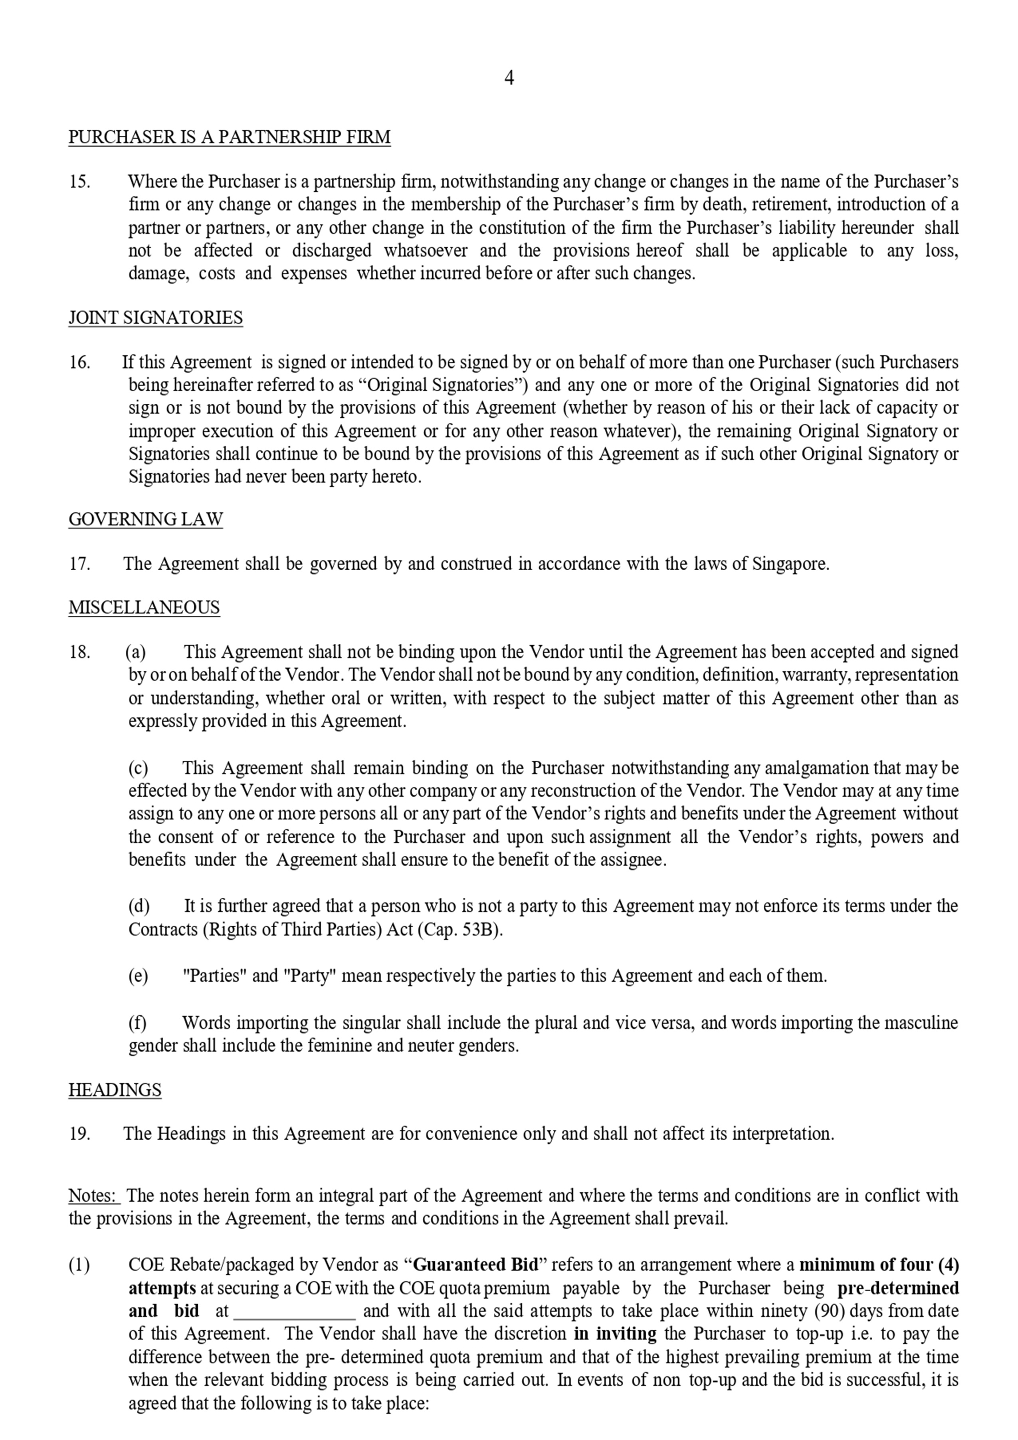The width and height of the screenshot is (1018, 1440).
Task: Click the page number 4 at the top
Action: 509,78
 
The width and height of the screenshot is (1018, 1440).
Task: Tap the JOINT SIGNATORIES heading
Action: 155,317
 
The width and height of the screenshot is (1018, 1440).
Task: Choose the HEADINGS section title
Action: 115,1090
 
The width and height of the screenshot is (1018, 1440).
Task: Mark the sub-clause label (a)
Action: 136,652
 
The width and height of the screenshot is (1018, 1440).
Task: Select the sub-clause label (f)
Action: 137,1023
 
